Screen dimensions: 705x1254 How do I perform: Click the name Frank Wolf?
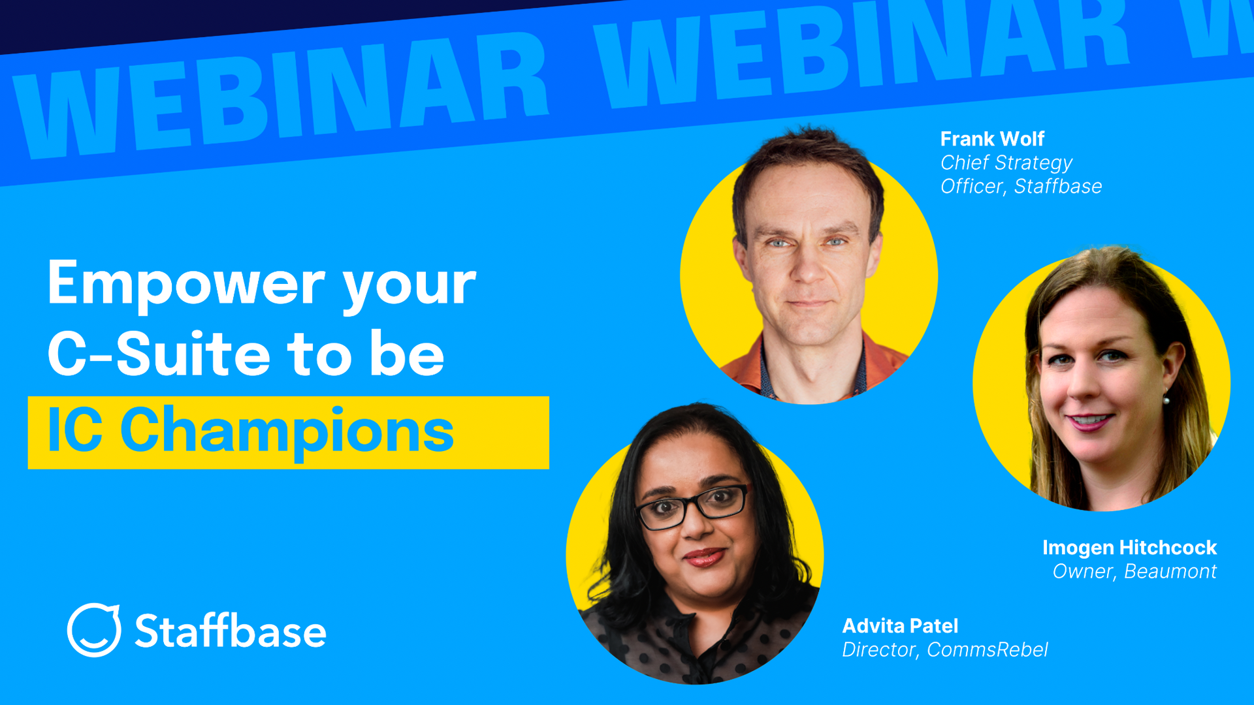click(991, 139)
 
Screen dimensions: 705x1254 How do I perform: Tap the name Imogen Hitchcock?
click(1129, 547)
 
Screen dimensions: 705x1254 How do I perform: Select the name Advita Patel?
click(899, 625)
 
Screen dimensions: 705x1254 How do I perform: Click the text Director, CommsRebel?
click(944, 650)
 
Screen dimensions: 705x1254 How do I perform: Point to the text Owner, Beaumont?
click(1134, 571)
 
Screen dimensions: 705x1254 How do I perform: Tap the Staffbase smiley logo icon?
click(94, 630)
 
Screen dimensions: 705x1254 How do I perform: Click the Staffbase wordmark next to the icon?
click(230, 631)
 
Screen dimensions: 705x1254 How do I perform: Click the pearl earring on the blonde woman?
click(1166, 399)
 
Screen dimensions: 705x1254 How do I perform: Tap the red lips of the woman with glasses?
click(703, 557)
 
